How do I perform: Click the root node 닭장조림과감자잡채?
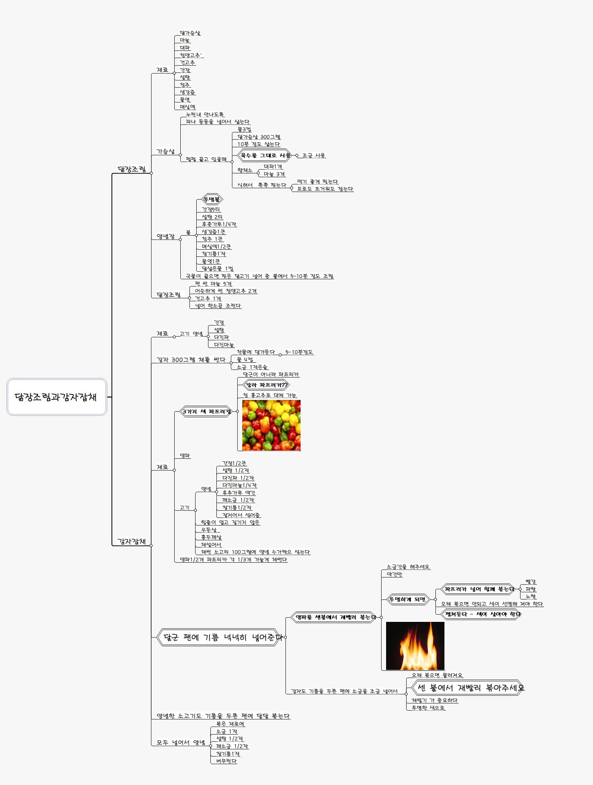coord(57,397)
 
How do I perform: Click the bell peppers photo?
coord(271,425)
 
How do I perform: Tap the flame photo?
coord(415,646)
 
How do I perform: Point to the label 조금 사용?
coord(314,155)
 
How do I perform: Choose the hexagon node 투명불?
coord(211,199)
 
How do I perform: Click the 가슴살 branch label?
coord(166,151)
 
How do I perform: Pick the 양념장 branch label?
coord(166,236)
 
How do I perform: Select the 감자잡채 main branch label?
coord(131,541)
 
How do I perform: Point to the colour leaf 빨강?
coord(530,581)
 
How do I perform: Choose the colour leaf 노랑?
coord(530,596)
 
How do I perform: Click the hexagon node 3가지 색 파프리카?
coord(206,411)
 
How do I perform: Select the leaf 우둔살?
coord(209,530)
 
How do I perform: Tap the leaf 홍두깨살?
coord(211,537)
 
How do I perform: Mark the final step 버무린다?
coord(226,761)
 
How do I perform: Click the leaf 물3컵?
coord(244,129)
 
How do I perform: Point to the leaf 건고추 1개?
coord(208,299)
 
